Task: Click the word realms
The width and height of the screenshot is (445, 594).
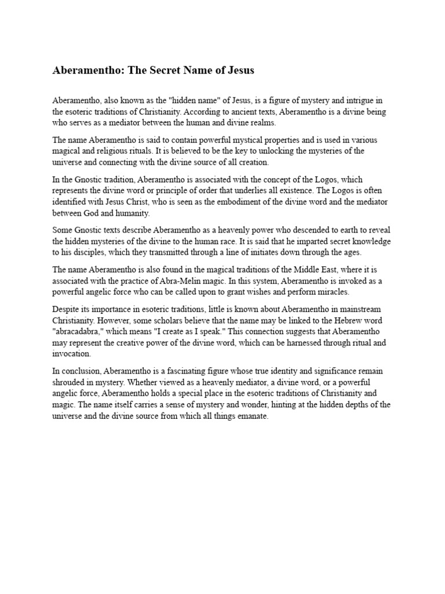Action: coord(261,122)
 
